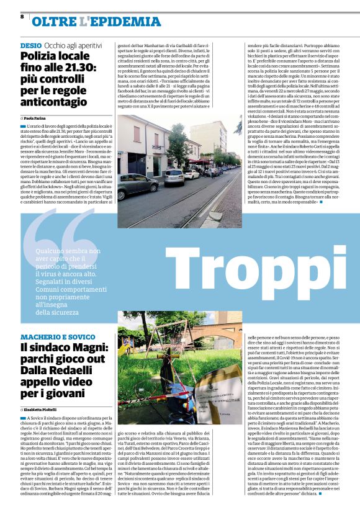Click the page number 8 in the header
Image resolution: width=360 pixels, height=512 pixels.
(x=22, y=16)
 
